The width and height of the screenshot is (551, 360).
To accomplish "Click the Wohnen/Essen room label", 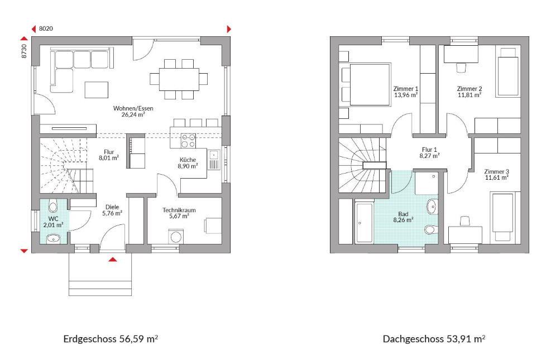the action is click(133, 108).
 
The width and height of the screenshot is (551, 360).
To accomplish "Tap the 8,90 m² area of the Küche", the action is click(188, 166).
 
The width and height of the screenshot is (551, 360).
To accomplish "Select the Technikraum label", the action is click(179, 210).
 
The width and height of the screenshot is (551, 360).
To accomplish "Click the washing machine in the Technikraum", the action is click(175, 236).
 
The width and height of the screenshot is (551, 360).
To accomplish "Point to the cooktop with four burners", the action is click(188, 141).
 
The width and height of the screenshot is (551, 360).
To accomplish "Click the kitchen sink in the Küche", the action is click(214, 160).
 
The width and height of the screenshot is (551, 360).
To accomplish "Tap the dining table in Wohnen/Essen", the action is click(179, 79).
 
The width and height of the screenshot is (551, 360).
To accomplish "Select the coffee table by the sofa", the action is click(96, 89).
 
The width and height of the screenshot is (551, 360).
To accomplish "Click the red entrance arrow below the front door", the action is click(112, 260).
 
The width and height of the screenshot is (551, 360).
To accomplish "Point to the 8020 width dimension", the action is click(46, 28).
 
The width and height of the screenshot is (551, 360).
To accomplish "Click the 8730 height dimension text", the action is click(24, 51).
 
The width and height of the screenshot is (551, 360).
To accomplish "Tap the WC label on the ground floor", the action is click(54, 219).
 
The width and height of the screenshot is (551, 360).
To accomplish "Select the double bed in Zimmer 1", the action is click(365, 84).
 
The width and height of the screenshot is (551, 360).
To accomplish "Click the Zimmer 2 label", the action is click(469, 89).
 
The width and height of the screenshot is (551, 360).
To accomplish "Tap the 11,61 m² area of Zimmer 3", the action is click(496, 177).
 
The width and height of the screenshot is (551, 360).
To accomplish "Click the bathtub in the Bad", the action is click(364, 222).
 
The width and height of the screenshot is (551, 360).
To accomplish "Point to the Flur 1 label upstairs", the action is click(429, 150).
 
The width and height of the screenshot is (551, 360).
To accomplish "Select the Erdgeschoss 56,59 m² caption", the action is click(111, 339).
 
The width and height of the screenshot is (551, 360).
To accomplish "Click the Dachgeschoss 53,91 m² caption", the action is click(434, 339).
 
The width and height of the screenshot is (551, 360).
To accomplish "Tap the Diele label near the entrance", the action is click(112, 207).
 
